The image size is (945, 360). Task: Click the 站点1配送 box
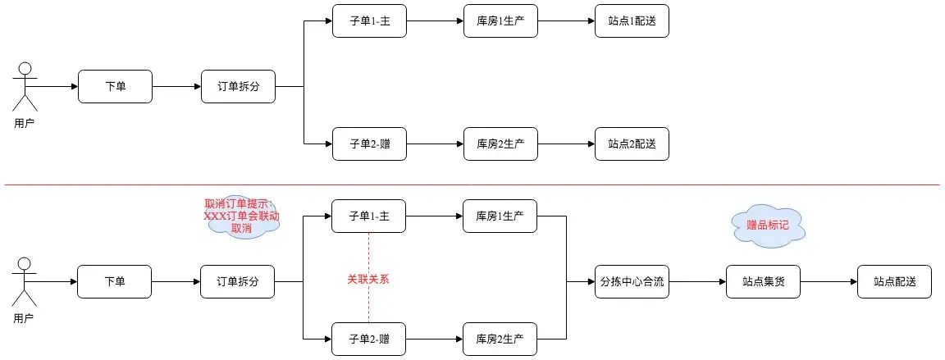click(632, 21)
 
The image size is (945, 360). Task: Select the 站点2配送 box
click(632, 144)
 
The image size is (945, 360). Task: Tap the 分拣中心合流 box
click(632, 281)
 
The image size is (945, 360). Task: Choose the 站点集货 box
click(763, 281)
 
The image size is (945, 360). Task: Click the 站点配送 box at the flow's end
click(894, 281)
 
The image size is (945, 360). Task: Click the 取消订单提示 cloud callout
click(241, 217)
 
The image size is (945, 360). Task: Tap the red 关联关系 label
click(367, 279)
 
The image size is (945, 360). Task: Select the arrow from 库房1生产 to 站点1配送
click(566, 21)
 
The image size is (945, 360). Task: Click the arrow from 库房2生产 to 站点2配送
click(566, 144)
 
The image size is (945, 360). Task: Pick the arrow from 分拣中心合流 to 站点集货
click(697, 281)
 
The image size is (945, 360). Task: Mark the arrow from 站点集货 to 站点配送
click(829, 281)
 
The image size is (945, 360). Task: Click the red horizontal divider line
click(472, 185)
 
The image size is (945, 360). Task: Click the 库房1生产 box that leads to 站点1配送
click(500, 21)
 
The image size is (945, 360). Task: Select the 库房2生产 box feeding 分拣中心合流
click(500, 339)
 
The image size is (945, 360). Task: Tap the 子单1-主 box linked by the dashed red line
click(368, 216)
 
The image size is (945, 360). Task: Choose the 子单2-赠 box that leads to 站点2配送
click(368, 144)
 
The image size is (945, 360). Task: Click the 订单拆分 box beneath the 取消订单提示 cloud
click(238, 281)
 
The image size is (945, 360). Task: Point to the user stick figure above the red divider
click(25, 86)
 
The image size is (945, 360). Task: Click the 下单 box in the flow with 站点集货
click(115, 281)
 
